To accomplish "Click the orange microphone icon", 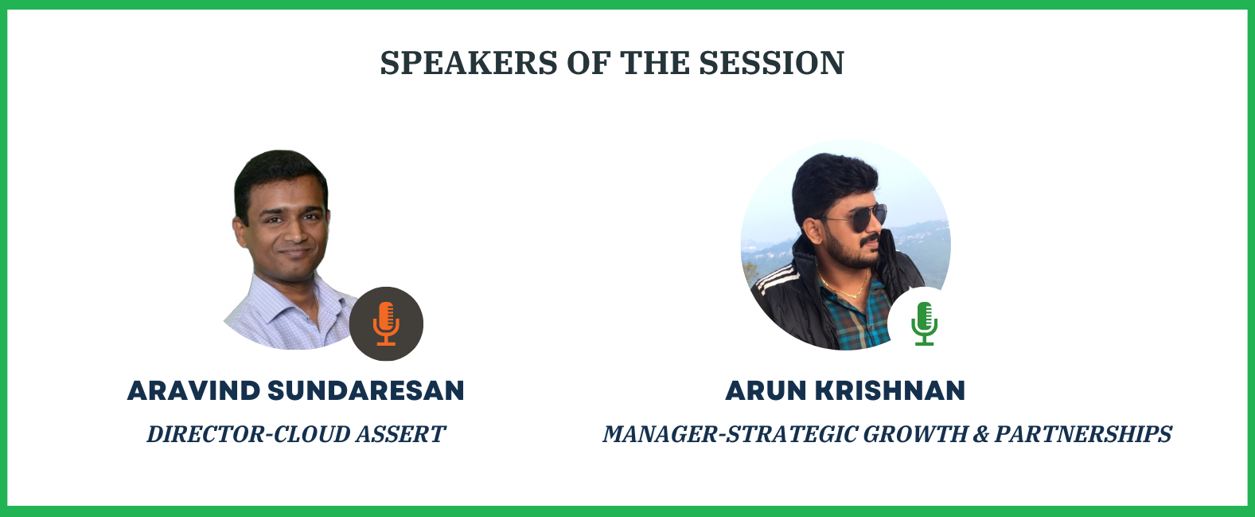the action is (386, 323).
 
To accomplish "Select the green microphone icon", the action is (924, 323).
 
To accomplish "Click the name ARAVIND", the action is (193, 390).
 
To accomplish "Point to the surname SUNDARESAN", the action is (366, 390).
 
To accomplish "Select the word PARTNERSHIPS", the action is (1083, 434).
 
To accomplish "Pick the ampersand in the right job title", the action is (980, 434).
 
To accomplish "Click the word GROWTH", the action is (915, 434).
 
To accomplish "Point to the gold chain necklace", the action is (844, 287).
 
